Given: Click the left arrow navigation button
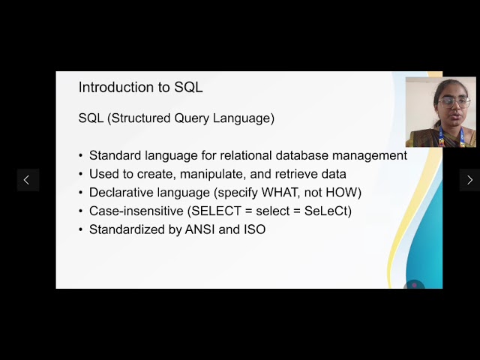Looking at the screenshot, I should (x=28, y=180).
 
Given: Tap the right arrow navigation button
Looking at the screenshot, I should (x=469, y=180).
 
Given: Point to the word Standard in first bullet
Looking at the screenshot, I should (x=114, y=155).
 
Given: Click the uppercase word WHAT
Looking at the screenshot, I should (x=280, y=193).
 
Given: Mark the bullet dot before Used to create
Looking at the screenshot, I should (x=81, y=174).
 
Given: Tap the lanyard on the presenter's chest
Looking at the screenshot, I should (x=441, y=136).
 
